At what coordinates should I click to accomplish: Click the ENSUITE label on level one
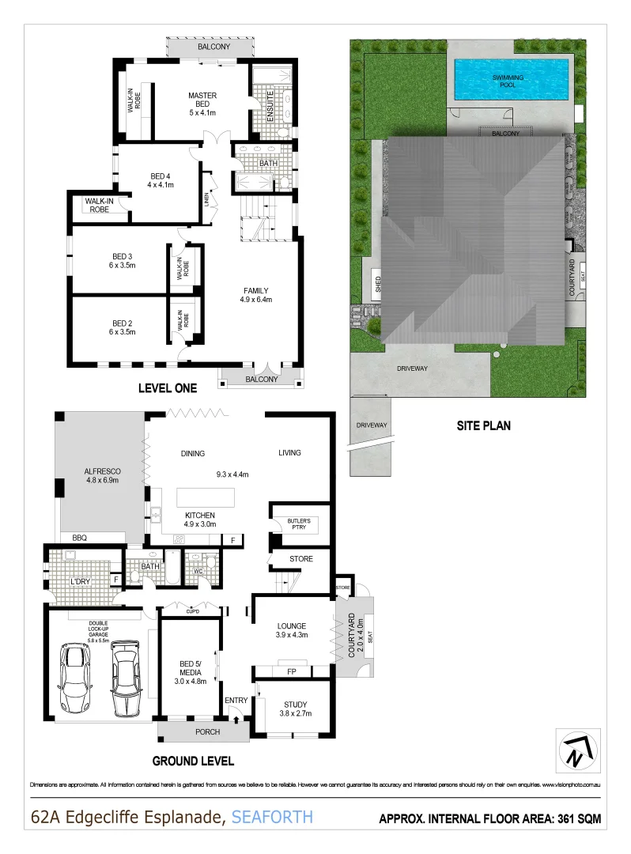click(270, 103)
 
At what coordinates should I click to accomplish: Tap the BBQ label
click(79, 537)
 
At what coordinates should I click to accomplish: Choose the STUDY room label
click(295, 704)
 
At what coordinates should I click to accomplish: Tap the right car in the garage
click(126, 677)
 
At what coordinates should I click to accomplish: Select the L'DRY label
click(78, 582)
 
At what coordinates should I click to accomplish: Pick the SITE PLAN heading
click(483, 425)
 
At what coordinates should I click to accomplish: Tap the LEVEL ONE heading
click(167, 387)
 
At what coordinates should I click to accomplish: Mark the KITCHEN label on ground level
click(200, 515)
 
